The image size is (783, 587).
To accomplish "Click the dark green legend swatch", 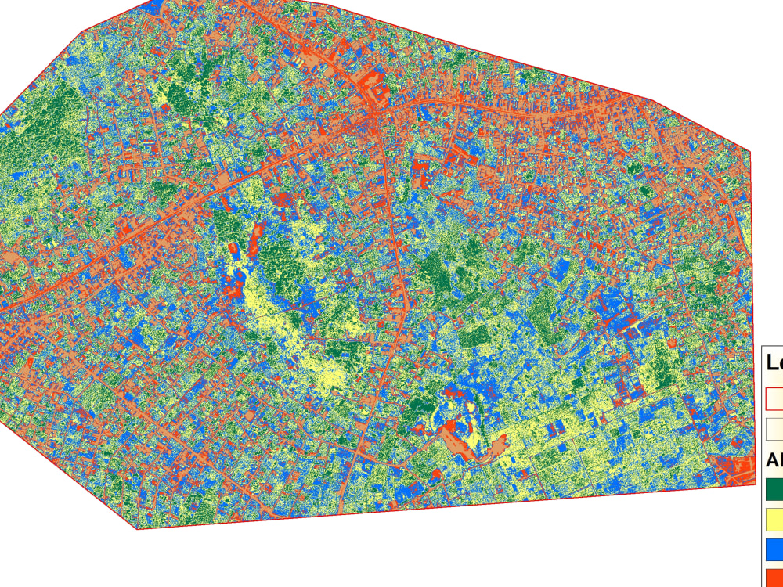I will coord(774,488).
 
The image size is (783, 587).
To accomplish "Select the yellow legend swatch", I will coord(774,517).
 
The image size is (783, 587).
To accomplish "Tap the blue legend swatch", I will coord(774,546).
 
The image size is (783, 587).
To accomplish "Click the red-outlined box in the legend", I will coord(774,398).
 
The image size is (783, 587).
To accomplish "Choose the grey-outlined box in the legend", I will coord(774,428).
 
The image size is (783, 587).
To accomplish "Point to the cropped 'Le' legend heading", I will coord(775,362).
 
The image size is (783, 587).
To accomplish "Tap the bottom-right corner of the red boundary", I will coord(742,486).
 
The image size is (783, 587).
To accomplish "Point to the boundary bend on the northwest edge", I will coord(83,32).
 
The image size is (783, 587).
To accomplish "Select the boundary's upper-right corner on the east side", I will coord(751,151).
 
